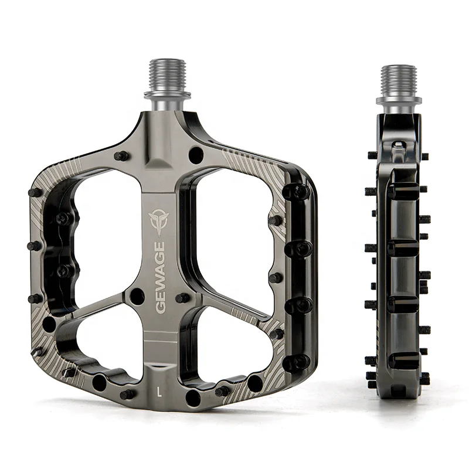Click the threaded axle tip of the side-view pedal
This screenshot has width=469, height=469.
399,77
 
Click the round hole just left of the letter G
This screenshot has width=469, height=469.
137,296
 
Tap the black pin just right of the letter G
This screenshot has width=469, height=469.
182,298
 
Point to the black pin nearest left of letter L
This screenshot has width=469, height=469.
127,395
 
